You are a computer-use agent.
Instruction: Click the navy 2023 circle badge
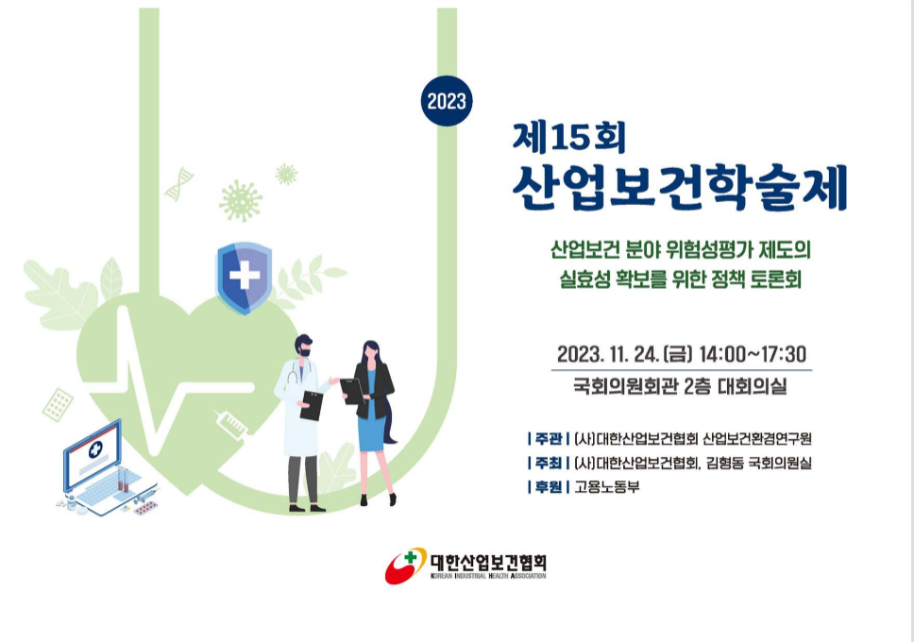point(447,101)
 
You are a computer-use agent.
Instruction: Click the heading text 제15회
point(569,138)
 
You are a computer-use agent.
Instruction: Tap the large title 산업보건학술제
point(679,188)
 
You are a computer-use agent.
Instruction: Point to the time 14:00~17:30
point(752,354)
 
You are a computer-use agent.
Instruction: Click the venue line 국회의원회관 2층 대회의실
point(680,386)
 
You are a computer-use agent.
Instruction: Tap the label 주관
point(548,438)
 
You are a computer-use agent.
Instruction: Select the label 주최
point(548,463)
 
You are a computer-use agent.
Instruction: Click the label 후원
point(548,487)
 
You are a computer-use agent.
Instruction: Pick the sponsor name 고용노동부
point(607,487)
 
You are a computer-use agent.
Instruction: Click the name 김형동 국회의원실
point(758,463)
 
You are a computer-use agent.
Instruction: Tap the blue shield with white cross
point(245,278)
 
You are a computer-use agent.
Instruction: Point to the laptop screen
point(93,452)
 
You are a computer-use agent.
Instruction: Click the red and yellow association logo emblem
point(405,565)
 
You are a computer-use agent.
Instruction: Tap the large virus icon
point(241,201)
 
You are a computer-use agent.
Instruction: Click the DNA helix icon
point(178,184)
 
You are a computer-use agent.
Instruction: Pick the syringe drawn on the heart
point(231,423)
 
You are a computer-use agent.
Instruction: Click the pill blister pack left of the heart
point(58,405)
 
